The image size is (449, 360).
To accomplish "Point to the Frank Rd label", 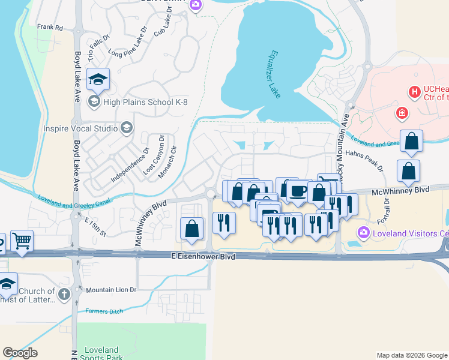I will pos(50,27).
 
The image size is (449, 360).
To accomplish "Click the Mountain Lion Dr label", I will pos(111,290).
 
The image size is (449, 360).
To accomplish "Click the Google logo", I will pos(20,353).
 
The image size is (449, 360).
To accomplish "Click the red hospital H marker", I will pos(413,92).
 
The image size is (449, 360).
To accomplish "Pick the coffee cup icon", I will pos(298,191).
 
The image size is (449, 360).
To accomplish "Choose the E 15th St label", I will pos(95,226).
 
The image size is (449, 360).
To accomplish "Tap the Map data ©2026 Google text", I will pos(412,355).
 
